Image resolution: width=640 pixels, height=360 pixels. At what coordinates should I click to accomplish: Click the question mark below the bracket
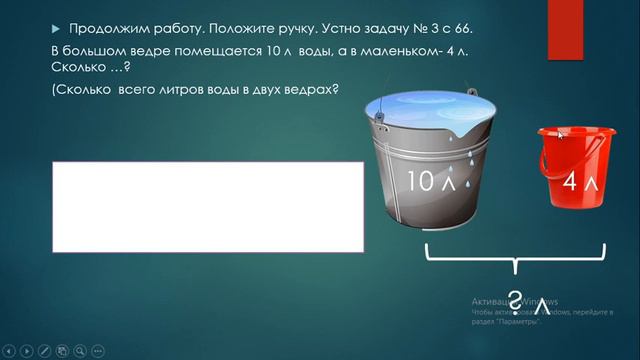(x=514, y=298)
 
